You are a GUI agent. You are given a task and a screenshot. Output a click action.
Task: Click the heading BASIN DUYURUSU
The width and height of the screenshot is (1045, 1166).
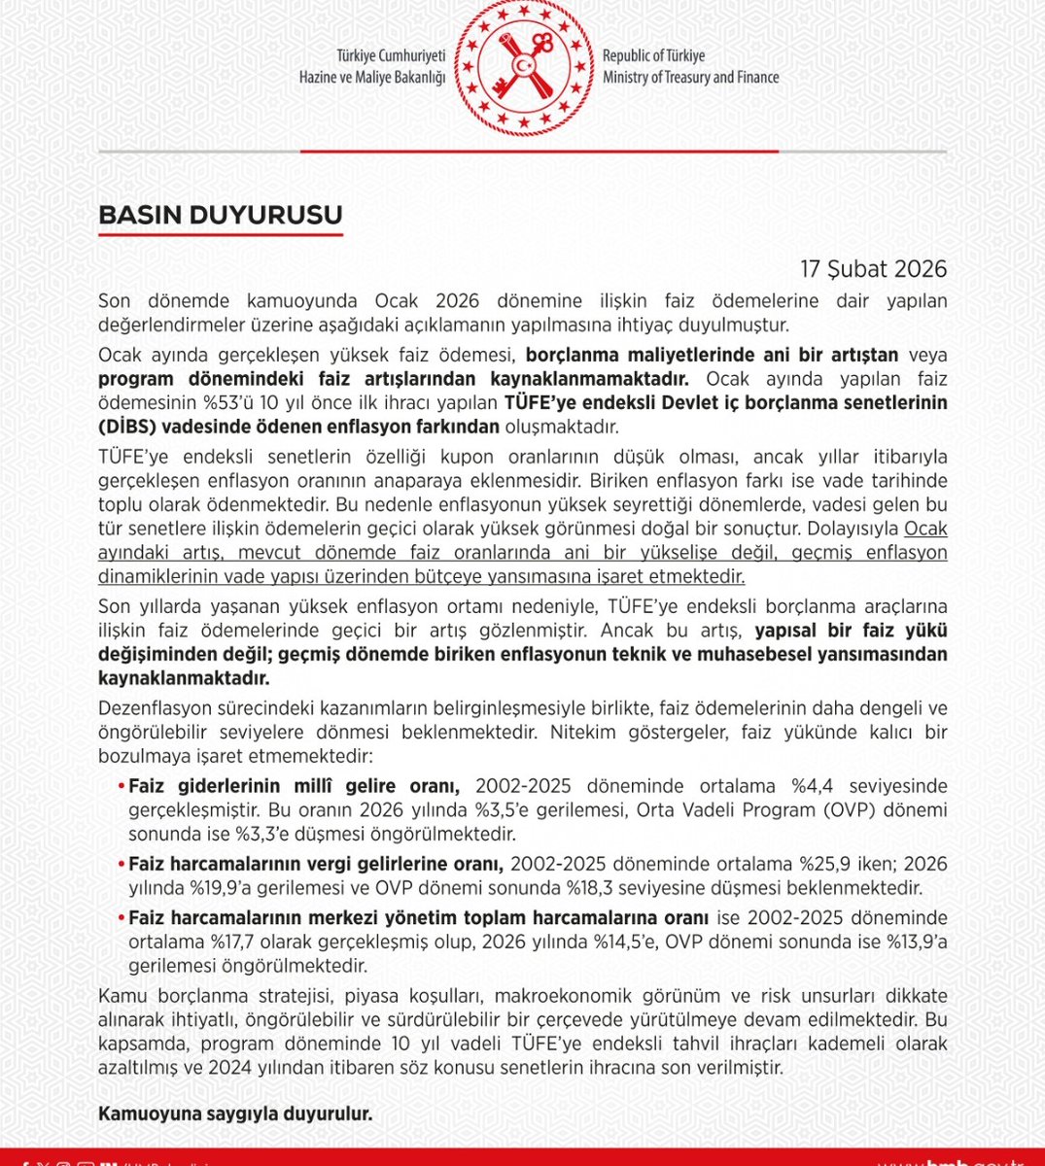(220, 215)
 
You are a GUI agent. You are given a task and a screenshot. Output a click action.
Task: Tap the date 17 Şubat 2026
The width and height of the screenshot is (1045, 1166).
(873, 269)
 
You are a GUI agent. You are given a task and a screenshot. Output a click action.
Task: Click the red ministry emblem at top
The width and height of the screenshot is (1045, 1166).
(524, 66)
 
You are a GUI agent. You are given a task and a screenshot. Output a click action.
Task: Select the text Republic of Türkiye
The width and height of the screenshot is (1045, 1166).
(653, 56)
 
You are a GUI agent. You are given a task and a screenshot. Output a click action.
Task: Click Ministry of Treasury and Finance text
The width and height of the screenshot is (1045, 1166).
(690, 78)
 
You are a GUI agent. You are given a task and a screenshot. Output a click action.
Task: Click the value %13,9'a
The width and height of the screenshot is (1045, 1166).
(912, 943)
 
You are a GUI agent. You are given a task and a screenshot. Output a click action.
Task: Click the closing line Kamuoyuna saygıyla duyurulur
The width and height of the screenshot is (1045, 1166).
(235, 1115)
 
